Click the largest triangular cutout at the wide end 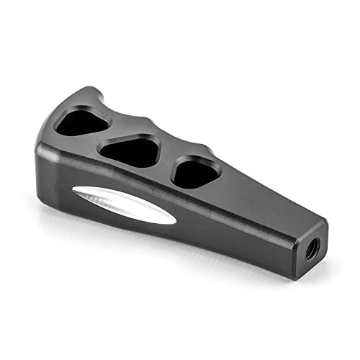point(81,122)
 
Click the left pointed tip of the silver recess point(71,192)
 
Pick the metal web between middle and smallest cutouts point(165,163)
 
